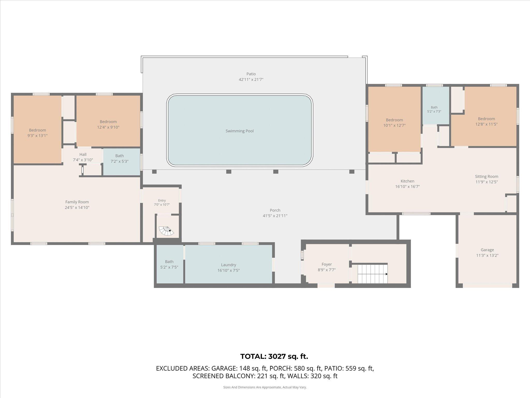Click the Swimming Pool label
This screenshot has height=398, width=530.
[x=239, y=131]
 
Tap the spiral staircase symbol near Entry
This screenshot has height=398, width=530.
[x=166, y=231]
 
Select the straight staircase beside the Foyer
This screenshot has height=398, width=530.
[x=373, y=274]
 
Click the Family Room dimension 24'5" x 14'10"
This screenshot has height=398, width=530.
[x=77, y=207]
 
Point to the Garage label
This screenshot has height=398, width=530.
[x=487, y=250]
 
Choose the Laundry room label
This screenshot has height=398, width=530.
[x=229, y=265]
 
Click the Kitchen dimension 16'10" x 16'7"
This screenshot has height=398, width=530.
[x=407, y=186]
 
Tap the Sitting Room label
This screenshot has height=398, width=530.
[x=487, y=176]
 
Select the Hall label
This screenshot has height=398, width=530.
[x=83, y=154]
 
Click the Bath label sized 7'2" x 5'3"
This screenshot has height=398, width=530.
[x=119, y=156]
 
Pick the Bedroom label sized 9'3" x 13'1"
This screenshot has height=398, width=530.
[x=38, y=130]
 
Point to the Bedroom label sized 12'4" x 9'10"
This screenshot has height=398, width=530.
[x=108, y=122]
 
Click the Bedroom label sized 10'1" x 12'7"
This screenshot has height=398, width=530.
[x=394, y=120]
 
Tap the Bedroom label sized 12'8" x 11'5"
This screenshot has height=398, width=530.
[x=487, y=119]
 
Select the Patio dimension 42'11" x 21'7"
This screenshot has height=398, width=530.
[x=251, y=79]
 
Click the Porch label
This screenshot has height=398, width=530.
[x=275, y=210]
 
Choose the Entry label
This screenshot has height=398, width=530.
[x=162, y=200]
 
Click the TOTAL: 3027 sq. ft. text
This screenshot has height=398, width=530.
[x=274, y=357]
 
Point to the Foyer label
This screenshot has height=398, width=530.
[x=327, y=264]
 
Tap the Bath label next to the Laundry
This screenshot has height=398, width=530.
[x=169, y=262]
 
